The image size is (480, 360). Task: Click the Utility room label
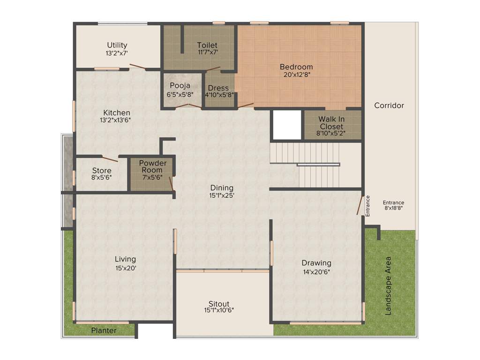pos(117,45)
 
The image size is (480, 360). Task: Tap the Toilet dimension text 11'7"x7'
pos(207,53)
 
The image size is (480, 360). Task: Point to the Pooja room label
pos(180,86)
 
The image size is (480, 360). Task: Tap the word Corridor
pos(389,105)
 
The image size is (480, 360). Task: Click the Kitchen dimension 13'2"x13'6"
pos(115,120)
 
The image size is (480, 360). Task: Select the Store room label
pos(102,171)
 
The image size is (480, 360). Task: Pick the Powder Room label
pos(152,166)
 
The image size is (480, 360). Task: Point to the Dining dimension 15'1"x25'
pos(222,195)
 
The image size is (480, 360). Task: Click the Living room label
pos(125,259)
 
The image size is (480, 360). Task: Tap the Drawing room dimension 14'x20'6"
pos(316,271)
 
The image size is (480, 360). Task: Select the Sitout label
pos(219,304)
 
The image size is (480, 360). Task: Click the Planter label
pos(104,330)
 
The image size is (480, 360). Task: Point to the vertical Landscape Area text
pos(388,285)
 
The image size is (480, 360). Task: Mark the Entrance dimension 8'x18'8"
pos(394,208)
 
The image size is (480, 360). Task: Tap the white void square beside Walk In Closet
pos(286,125)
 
